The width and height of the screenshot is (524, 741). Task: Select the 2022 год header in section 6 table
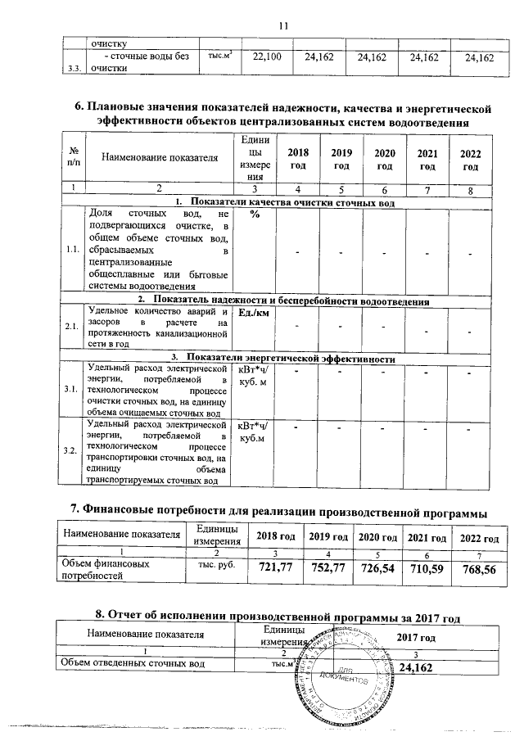[x=470, y=160]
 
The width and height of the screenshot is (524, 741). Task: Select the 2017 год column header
[x=416, y=637]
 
